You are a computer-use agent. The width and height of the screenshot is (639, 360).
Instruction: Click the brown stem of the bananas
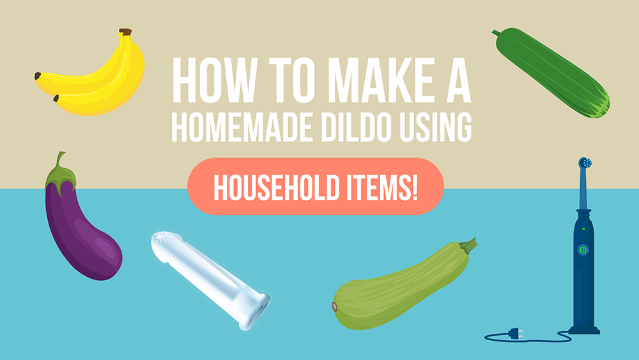point(126,32)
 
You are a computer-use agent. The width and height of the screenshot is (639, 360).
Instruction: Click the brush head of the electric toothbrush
point(584,164)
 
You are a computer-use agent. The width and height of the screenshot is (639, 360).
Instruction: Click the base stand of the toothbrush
point(585,329)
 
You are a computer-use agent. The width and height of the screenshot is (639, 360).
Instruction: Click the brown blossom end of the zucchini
point(334,307)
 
